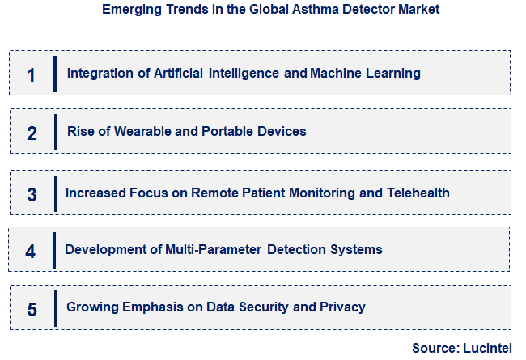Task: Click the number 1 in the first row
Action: [31, 75]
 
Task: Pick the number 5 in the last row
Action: [32, 309]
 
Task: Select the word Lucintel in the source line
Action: [488, 348]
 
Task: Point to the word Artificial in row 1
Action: [178, 73]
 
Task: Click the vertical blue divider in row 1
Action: [55, 74]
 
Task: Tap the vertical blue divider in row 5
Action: [55, 307]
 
